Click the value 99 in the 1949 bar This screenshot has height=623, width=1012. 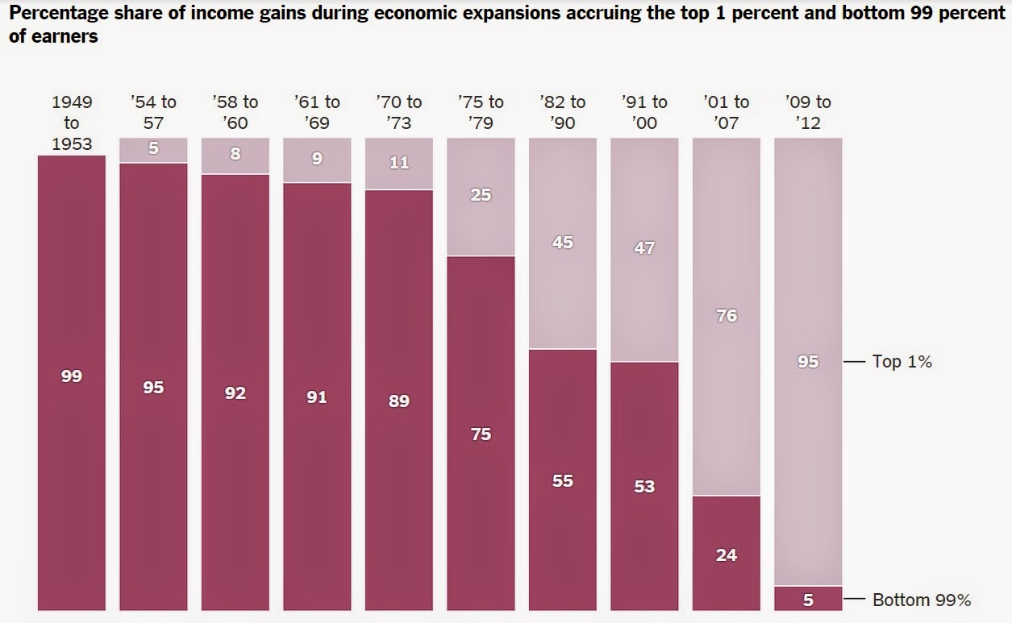[x=72, y=376]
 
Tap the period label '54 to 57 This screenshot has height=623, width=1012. [x=153, y=112]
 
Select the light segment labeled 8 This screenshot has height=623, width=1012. [x=235, y=156]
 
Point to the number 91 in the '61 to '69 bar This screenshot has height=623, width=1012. [x=317, y=397]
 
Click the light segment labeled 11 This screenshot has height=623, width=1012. [x=399, y=164]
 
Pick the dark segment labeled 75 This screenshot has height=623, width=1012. [x=481, y=433]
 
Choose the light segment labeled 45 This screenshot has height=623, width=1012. [x=563, y=243]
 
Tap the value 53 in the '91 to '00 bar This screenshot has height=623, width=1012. [x=644, y=486]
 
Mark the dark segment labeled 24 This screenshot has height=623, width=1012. [x=727, y=554]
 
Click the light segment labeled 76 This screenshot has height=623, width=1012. [x=727, y=316]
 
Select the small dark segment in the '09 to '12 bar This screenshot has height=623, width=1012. [x=808, y=599]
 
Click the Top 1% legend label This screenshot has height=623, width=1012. [x=902, y=362]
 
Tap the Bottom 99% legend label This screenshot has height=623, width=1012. [x=922, y=600]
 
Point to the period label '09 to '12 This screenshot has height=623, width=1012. [x=808, y=112]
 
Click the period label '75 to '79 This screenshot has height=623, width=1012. [x=481, y=112]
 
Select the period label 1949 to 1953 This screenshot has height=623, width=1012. [x=72, y=123]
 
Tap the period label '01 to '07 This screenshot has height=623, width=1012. [x=727, y=112]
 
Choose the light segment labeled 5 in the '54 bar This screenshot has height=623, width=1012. [x=153, y=150]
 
